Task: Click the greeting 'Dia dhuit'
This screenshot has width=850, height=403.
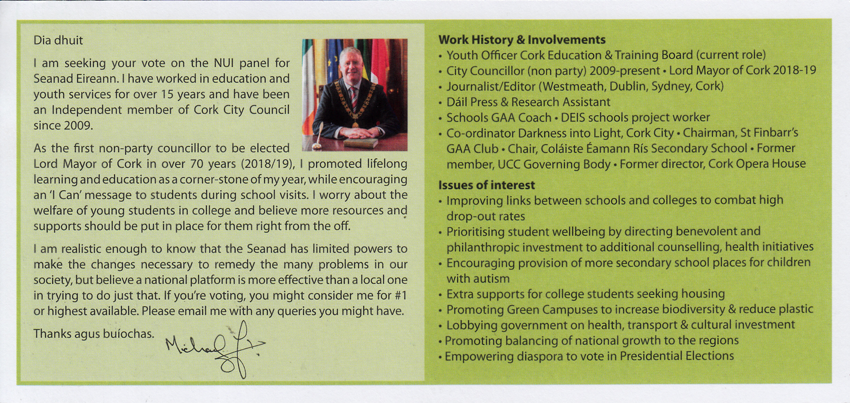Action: [x=58, y=41]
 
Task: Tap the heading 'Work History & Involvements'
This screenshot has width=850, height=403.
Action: [x=522, y=40]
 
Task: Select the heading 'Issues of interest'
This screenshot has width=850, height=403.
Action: [x=487, y=185]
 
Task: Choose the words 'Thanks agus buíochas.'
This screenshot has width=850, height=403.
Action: [x=94, y=334]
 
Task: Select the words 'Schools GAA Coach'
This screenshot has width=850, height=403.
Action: [x=499, y=118]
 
